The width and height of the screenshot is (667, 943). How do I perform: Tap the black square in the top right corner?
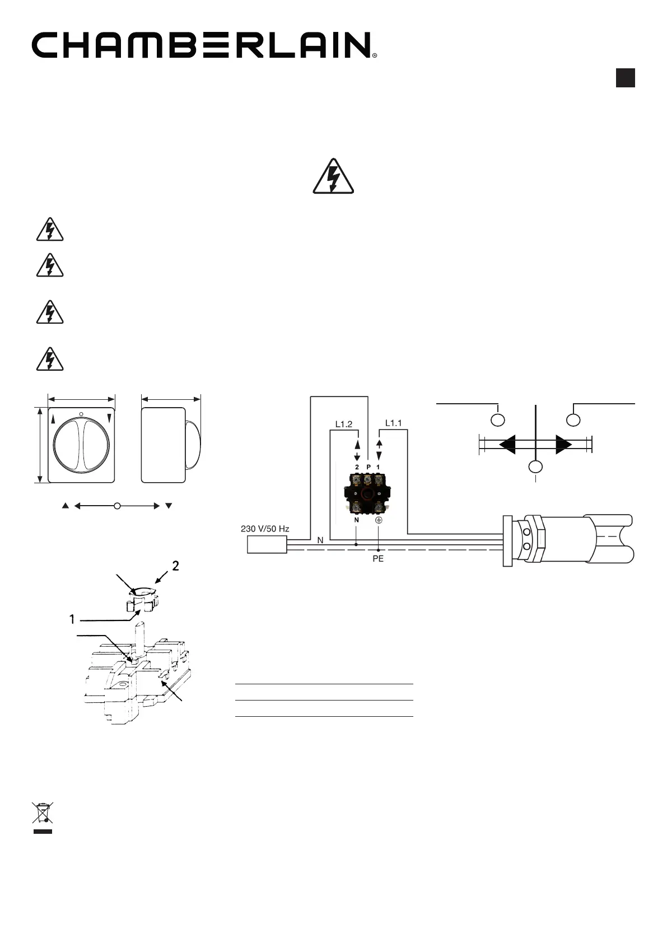pos(625,78)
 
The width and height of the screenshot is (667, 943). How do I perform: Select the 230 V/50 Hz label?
pos(265,529)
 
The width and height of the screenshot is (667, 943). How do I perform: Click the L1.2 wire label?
pos(344,424)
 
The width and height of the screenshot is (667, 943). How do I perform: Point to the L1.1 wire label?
pos(394,423)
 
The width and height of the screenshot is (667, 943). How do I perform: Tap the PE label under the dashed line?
pos(378,559)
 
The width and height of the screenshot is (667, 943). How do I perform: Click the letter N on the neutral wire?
pos(320,540)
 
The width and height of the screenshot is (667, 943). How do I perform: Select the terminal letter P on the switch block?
pos(368,467)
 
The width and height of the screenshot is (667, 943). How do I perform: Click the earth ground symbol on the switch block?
pos(379,520)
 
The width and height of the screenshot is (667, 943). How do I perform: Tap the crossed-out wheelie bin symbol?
pos(42,813)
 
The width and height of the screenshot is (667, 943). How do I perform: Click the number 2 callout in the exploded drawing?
pos(176,566)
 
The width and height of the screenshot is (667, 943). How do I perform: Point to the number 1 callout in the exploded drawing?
pos(72,619)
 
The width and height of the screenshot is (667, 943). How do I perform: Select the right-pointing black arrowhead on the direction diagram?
pos(563,445)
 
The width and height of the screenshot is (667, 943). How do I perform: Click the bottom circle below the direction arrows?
pos(536,467)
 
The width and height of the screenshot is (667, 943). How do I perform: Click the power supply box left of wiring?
pos(267,545)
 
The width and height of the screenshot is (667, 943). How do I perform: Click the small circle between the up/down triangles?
pos(117,506)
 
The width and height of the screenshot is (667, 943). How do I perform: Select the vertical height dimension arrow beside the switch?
pos(40,445)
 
